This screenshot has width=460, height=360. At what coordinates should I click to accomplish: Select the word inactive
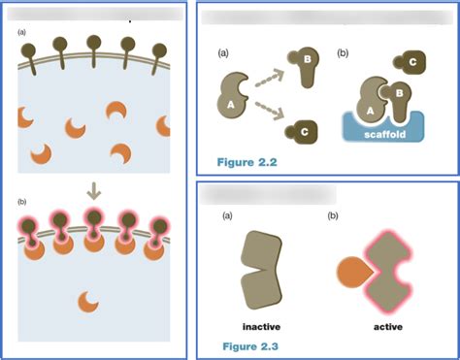(x=261, y=326)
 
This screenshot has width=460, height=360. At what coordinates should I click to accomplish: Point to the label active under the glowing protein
(x=388, y=326)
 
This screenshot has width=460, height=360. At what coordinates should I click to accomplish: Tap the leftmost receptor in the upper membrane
(x=31, y=49)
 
